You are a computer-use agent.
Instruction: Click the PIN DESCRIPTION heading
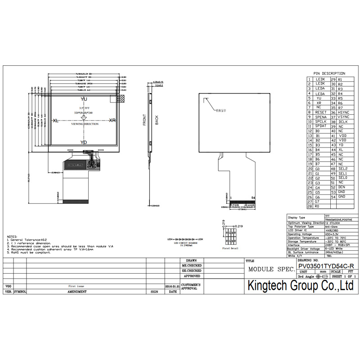click(329, 73)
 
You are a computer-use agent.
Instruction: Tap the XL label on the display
click(55, 121)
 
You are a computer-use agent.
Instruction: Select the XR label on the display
click(112, 121)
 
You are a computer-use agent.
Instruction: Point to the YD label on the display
click(84, 142)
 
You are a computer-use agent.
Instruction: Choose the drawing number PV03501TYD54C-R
click(326, 266)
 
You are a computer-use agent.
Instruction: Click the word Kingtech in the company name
click(270, 285)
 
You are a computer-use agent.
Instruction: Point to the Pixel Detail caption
click(230, 248)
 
